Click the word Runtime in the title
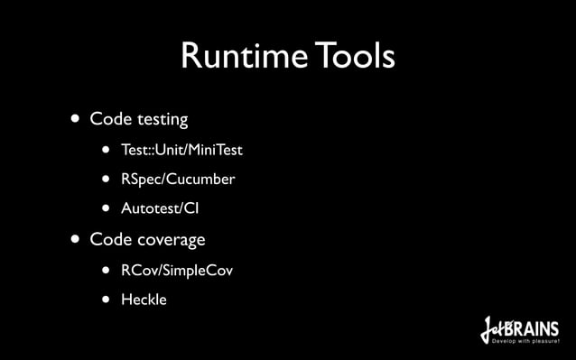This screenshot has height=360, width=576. click(238, 57)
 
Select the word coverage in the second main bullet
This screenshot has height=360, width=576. click(171, 240)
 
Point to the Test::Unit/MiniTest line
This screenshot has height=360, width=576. click(181, 149)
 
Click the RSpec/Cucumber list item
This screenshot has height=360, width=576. click(178, 179)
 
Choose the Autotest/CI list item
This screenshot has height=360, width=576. click(160, 209)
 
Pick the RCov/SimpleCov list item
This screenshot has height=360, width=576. click(177, 270)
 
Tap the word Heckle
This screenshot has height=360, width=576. click(144, 300)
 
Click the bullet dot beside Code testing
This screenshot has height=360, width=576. click(70, 119)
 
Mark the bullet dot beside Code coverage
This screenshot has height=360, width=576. click(70, 240)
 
